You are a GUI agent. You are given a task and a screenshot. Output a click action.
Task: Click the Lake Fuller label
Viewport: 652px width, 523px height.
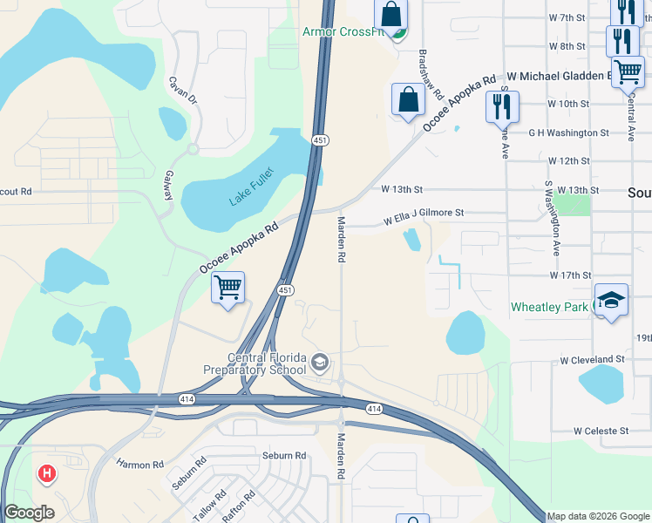(x=251, y=187)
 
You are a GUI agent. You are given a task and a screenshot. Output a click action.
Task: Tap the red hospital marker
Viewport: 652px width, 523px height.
(x=47, y=474)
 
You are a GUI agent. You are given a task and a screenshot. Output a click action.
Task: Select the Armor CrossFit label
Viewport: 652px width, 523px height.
(x=343, y=32)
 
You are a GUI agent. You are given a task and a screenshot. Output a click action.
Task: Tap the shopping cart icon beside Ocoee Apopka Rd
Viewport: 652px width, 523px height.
(x=228, y=287)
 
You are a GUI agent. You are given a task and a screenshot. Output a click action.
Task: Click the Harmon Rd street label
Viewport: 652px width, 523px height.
(x=139, y=465)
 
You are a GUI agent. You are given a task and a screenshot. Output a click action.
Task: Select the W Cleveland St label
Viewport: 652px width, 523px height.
(x=593, y=359)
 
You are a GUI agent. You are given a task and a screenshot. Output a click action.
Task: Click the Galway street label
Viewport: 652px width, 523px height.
(x=166, y=187)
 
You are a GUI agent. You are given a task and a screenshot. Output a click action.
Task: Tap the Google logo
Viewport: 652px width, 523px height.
(x=30, y=513)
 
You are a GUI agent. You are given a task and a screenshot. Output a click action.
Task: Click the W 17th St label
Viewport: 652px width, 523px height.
(x=570, y=275)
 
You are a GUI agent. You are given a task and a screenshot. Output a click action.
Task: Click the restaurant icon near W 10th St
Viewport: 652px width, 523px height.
(x=501, y=106)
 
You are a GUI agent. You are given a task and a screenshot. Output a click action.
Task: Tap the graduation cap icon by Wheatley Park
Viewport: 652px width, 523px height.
(x=611, y=300)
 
